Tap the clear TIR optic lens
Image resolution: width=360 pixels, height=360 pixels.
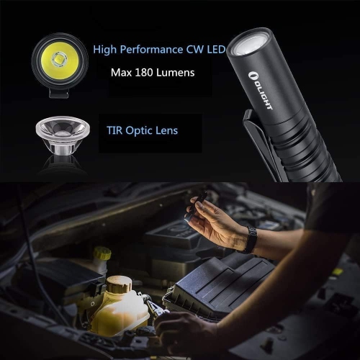(x=61, y=134)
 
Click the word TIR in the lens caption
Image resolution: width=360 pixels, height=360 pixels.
(x=116, y=130)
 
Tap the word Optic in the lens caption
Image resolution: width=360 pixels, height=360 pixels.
(x=143, y=130)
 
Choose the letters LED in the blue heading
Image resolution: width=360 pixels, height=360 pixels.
(x=213, y=50)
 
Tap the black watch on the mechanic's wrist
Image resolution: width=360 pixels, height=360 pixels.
(x=249, y=240)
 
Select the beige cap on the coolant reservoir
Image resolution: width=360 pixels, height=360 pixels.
(x=118, y=284)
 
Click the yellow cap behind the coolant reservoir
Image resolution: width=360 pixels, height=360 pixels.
(x=103, y=254)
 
